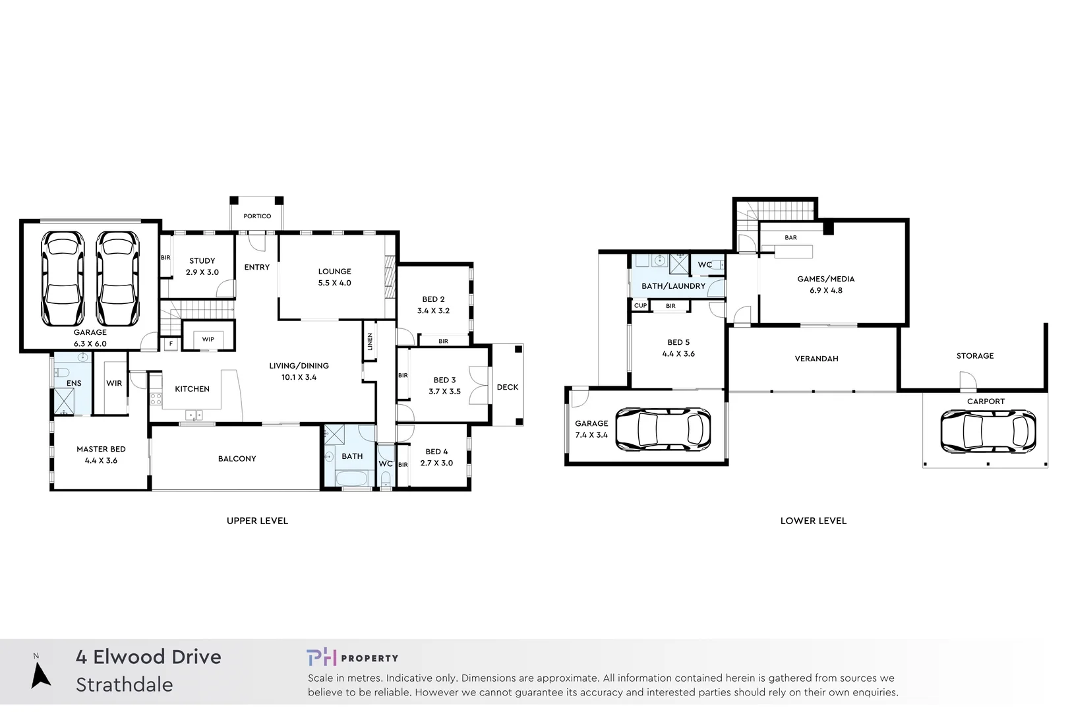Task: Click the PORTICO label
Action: pyautogui.click(x=257, y=216)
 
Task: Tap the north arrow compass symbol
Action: pyautogui.click(x=40, y=676)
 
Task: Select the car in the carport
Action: pyautogui.click(x=988, y=431)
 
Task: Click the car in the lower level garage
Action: pyautogui.click(x=663, y=429)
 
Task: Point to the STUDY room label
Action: pyautogui.click(x=202, y=261)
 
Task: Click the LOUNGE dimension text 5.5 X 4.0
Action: pyautogui.click(x=335, y=283)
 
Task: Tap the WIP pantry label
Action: pyautogui.click(x=208, y=340)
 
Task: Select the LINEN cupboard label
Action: pyautogui.click(x=370, y=341)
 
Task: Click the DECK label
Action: pyautogui.click(x=508, y=387)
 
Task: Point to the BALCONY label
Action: pyautogui.click(x=237, y=459)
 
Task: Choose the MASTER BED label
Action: pyautogui.click(x=101, y=449)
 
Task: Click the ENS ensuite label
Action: pyautogui.click(x=74, y=384)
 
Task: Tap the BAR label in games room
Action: pyautogui.click(x=790, y=237)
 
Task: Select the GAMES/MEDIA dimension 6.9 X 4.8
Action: pyautogui.click(x=826, y=291)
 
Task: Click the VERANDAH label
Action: pyautogui.click(x=816, y=359)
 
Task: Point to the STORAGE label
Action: pyautogui.click(x=975, y=356)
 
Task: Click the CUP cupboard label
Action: pyautogui.click(x=640, y=306)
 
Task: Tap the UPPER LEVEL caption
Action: pyautogui.click(x=257, y=521)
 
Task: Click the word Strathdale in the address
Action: pyautogui.click(x=125, y=685)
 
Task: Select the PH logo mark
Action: pyautogui.click(x=321, y=657)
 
